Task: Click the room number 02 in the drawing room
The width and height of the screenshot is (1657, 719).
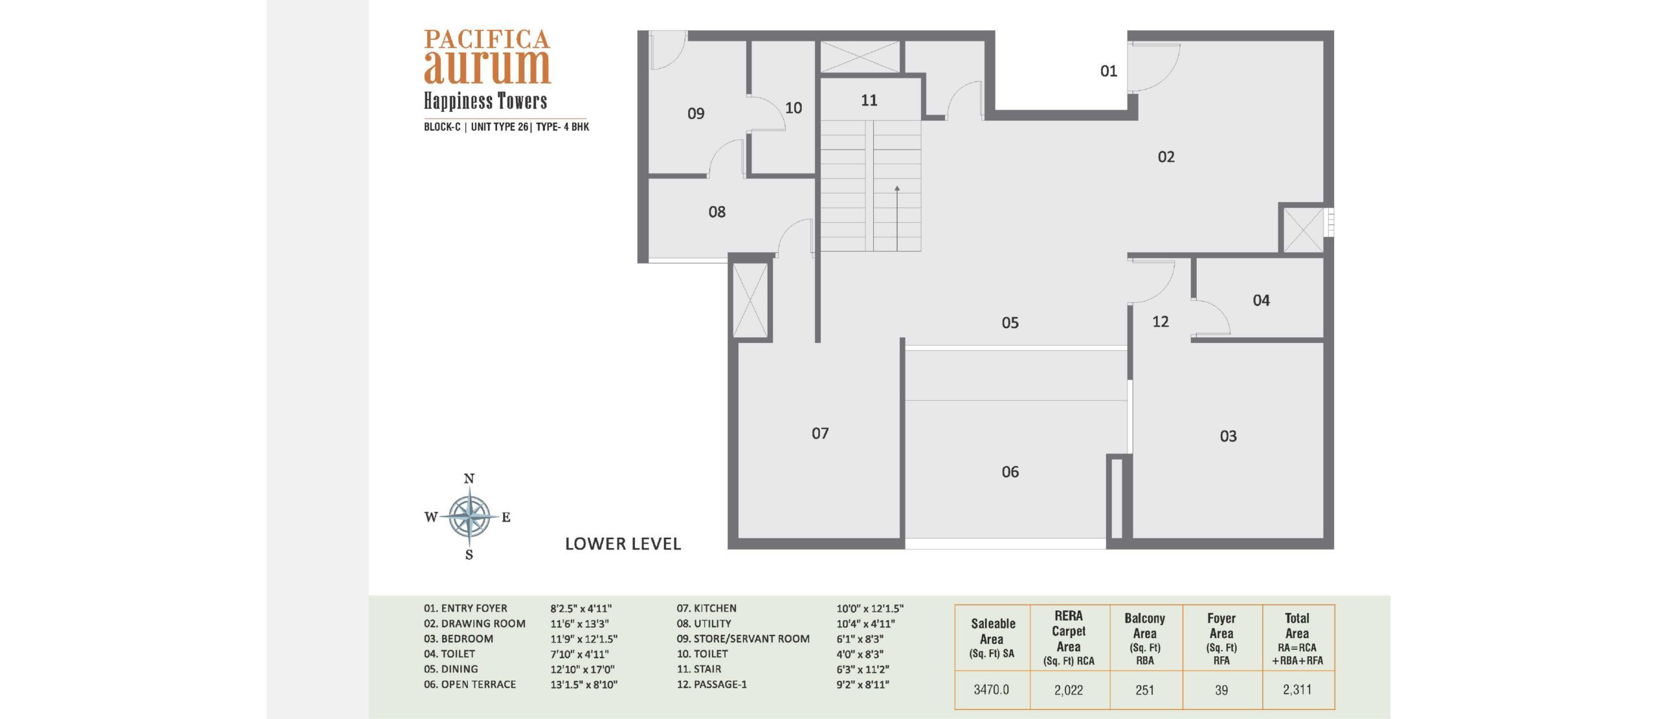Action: click(x=1166, y=157)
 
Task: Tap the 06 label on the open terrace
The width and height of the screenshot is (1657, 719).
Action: click(x=1010, y=472)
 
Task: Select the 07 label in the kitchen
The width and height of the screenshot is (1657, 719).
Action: click(x=820, y=433)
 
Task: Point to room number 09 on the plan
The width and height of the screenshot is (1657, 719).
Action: click(x=696, y=114)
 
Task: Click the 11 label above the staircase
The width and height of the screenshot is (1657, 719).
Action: click(x=869, y=100)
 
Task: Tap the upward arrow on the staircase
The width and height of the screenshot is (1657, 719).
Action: click(x=897, y=218)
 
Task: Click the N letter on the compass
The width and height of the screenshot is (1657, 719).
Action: click(x=469, y=479)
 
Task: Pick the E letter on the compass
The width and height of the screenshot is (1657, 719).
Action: click(x=506, y=517)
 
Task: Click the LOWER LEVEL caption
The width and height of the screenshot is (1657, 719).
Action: click(x=623, y=544)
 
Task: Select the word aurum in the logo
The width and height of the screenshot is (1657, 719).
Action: click(x=487, y=67)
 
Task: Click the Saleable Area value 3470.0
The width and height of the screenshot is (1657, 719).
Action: click(x=991, y=690)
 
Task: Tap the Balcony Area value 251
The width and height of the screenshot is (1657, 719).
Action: click(x=1144, y=690)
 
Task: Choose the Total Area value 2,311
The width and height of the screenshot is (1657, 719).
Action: click(x=1297, y=690)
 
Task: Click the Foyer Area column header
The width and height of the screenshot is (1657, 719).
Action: click(x=1221, y=639)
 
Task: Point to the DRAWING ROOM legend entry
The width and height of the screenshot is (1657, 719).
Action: click(x=474, y=624)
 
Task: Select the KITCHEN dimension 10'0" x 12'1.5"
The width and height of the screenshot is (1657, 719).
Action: click(x=870, y=608)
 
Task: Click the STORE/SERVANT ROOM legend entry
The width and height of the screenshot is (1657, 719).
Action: click(x=743, y=639)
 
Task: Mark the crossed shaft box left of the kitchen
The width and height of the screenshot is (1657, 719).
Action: click(x=750, y=300)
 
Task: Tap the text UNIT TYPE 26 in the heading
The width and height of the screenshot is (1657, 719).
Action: click(x=499, y=127)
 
